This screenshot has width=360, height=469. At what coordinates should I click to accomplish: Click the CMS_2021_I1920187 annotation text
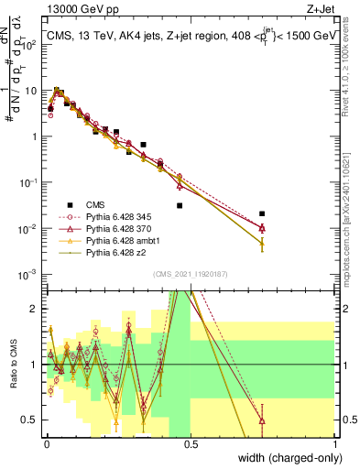tap(190, 273)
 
